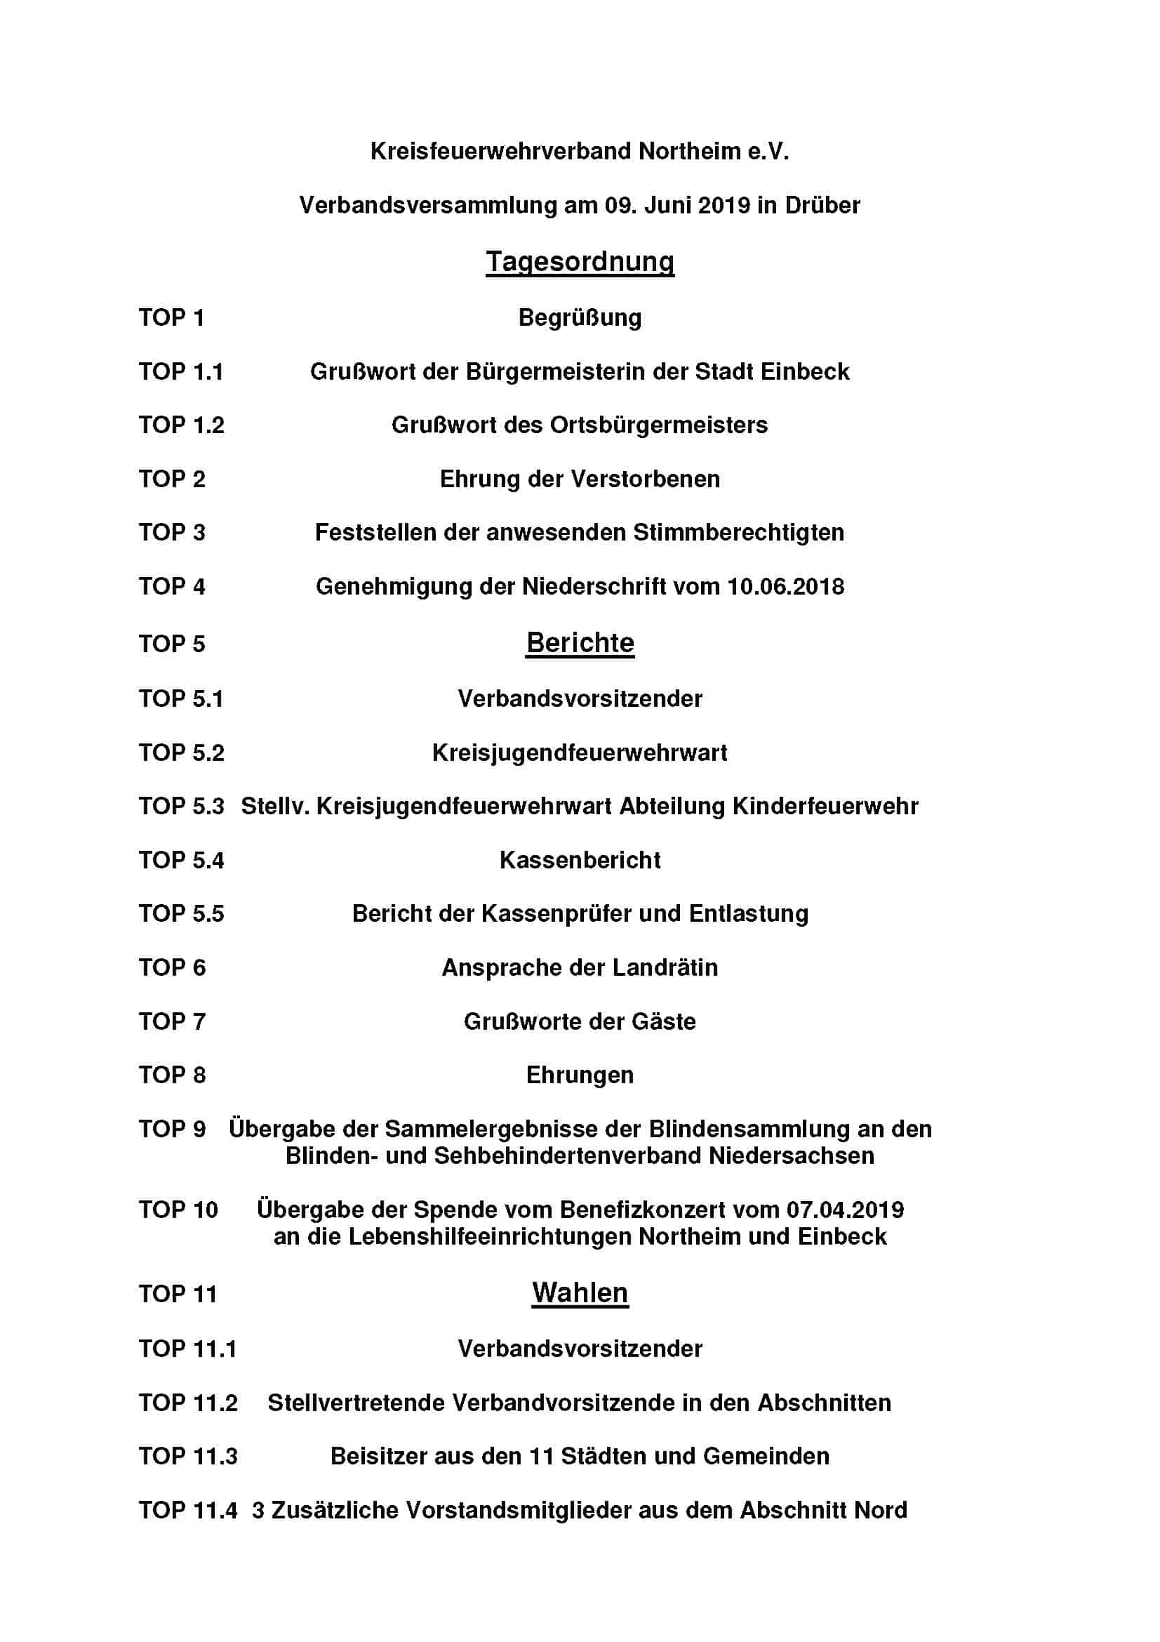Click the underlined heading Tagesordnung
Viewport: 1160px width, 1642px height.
pos(580,262)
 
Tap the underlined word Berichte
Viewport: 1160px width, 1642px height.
pos(580,643)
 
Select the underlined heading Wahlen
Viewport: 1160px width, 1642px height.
pos(580,1293)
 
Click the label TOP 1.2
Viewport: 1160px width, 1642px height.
pos(182,425)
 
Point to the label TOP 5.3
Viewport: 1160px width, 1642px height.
pos(182,806)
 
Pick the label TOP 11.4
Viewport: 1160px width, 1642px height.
pos(188,1511)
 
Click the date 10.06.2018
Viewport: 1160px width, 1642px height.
pos(785,586)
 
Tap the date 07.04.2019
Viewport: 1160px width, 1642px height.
pos(845,1210)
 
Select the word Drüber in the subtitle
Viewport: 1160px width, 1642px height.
pos(822,205)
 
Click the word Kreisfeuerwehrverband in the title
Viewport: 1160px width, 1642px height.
pos(500,152)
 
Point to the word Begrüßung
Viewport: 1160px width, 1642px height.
pos(580,317)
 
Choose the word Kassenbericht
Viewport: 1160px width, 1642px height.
pos(580,860)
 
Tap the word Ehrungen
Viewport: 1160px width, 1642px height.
pos(580,1075)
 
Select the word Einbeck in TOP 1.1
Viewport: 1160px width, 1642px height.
pos(805,372)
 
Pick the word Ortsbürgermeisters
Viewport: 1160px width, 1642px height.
pos(658,425)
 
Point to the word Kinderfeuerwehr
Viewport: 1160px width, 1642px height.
pos(825,806)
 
